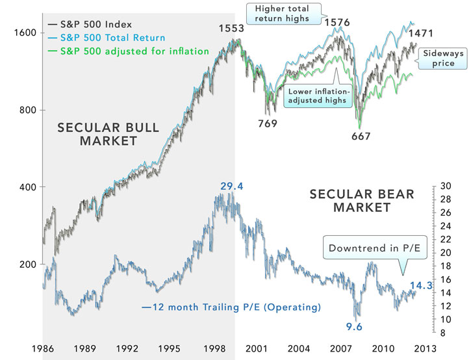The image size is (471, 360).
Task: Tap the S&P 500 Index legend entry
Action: click(95, 25)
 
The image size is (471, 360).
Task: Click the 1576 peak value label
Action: click(337, 23)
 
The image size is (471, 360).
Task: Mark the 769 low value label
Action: click(267, 123)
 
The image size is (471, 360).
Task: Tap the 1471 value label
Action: click(420, 32)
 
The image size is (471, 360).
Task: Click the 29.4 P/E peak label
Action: click(231, 187)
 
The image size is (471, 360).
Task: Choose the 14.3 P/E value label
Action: click(421, 285)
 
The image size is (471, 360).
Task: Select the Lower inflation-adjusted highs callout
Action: click(318, 97)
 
